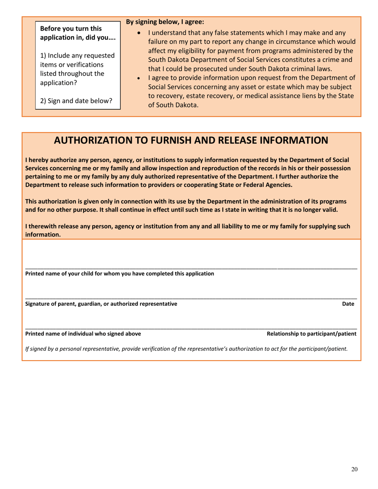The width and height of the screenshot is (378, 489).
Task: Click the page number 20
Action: coord(354,470)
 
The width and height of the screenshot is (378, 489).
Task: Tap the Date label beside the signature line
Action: coord(348,304)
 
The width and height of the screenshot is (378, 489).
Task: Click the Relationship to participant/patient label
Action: coord(311,334)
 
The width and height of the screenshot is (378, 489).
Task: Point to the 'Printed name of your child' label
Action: coord(119,274)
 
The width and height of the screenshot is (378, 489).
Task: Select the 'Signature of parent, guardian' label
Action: coord(101,304)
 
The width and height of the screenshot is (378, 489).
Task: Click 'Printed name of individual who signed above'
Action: coord(83,334)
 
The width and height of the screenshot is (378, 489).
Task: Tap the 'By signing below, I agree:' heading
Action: coord(165,22)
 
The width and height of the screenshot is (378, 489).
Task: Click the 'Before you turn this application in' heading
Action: coord(78,33)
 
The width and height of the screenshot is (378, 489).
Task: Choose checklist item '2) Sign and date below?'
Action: coord(76,101)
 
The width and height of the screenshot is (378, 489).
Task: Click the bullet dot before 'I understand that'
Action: coord(138,33)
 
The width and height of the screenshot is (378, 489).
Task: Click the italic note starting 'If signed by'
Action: coord(186,349)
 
